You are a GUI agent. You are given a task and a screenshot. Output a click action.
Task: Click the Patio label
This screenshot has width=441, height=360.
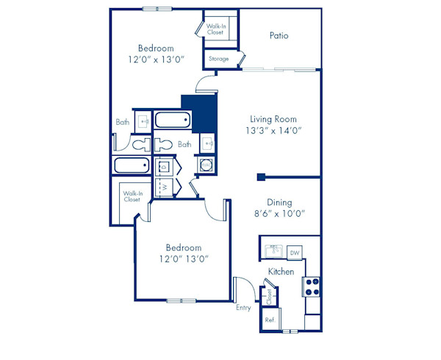pyautogui.click(x=279, y=35)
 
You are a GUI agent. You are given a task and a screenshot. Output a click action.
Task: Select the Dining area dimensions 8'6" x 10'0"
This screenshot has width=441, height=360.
pyautogui.click(x=279, y=214)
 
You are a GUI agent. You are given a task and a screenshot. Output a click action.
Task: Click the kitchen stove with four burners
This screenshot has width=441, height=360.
pyautogui.click(x=312, y=285)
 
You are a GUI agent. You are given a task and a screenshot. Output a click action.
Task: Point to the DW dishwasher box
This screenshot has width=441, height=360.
pyautogui.click(x=295, y=253)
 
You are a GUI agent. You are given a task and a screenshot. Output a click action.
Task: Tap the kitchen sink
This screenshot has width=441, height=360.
pyautogui.click(x=274, y=251)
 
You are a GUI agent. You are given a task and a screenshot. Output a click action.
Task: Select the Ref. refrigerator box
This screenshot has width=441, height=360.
pyautogui.click(x=270, y=320)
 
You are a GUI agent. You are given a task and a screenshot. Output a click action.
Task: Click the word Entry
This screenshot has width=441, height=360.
pyautogui.click(x=243, y=307)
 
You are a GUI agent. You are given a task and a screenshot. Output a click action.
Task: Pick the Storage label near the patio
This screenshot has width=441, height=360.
pyautogui.click(x=219, y=59)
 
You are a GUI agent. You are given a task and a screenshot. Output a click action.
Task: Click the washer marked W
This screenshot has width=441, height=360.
pyautogui.click(x=165, y=187)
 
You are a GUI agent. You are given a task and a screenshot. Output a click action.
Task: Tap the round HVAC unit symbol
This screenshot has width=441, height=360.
pyautogui.click(x=205, y=165)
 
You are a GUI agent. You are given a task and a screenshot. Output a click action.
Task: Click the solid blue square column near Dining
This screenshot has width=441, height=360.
pyautogui.click(x=261, y=176)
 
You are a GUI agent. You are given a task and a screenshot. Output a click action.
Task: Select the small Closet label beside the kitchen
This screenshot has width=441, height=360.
pyautogui.click(x=270, y=296)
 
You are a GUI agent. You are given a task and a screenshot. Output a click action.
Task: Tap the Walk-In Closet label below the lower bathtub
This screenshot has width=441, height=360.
pyautogui.click(x=132, y=196)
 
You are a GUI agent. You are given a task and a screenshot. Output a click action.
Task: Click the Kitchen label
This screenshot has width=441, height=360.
pyautogui.click(x=281, y=272)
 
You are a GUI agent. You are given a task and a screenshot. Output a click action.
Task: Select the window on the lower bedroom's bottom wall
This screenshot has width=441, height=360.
pyautogui.click(x=181, y=300)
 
